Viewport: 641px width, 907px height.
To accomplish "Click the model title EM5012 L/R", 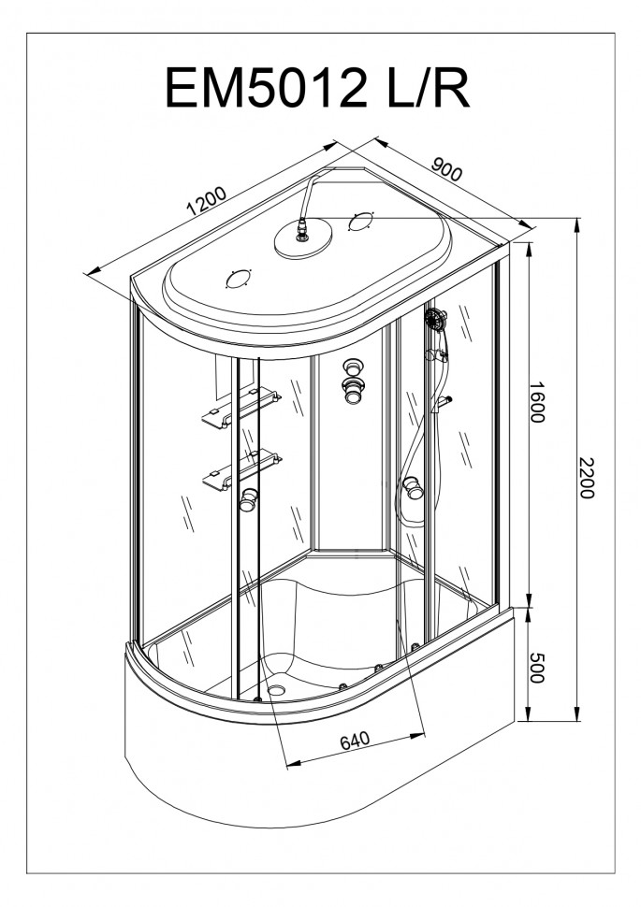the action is [317, 87].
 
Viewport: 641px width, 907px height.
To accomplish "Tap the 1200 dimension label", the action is [206, 201].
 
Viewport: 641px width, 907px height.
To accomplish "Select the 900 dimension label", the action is [447, 167].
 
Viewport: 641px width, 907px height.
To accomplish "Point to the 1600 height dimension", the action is [537, 401].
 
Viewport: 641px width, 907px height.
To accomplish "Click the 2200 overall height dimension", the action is [587, 477].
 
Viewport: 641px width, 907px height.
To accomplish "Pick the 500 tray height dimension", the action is [537, 668].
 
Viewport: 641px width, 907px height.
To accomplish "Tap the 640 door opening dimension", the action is [355, 741].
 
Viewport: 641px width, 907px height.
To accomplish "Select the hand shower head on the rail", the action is [435, 318].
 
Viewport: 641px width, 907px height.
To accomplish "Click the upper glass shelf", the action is [240, 409].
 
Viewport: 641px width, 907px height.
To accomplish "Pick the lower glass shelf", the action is [242, 469].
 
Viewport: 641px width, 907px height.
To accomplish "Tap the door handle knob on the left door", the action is [249, 499].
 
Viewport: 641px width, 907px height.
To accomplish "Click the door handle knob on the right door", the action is [414, 487].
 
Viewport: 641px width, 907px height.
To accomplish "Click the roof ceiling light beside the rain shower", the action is [362, 223].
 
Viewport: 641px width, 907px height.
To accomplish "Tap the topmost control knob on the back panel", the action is [351, 367].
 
